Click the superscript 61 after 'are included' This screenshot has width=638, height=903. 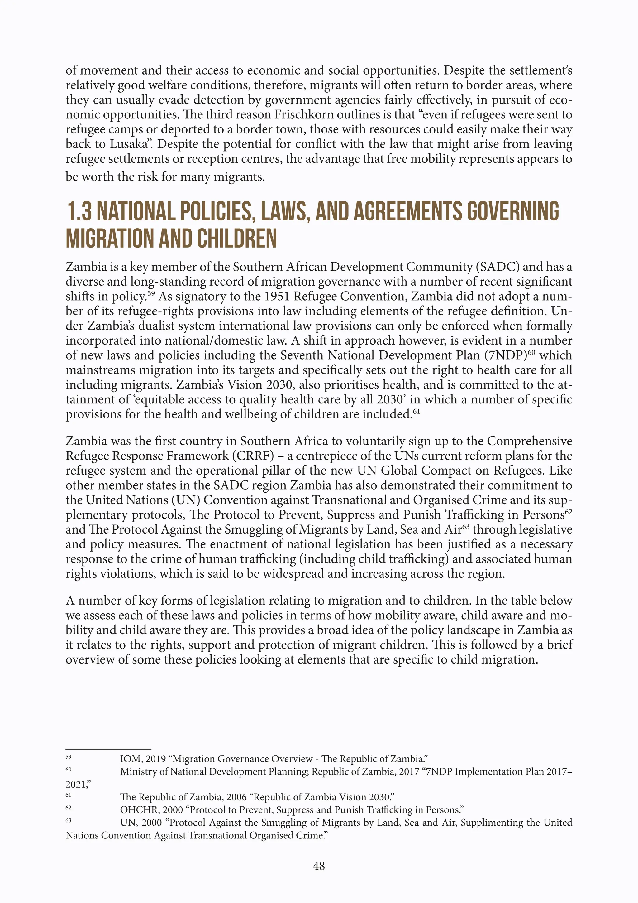pos(417,411)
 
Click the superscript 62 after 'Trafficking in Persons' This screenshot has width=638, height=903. pos(568,512)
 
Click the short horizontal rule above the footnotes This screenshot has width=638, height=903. pos(108,749)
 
